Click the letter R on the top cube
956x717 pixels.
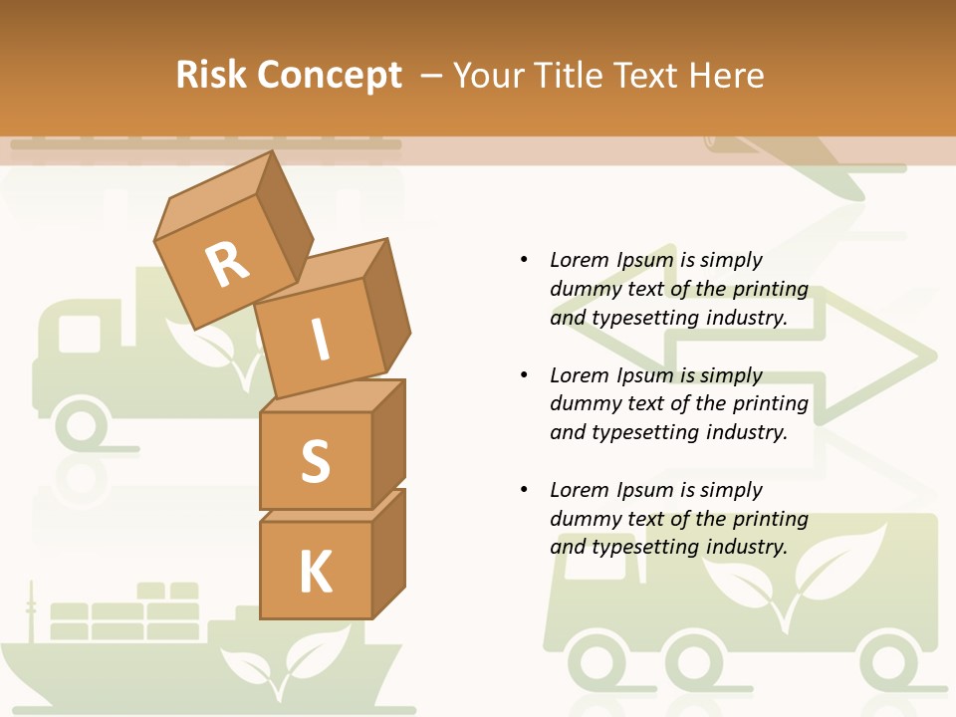click(227, 265)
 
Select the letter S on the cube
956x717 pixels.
click(315, 461)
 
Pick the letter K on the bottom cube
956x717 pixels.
click(315, 573)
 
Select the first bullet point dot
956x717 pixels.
click(524, 260)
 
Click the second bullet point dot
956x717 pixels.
click(524, 375)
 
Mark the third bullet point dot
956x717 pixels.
click(524, 490)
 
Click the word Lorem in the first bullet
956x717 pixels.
click(580, 260)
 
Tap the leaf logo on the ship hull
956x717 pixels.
click(284, 662)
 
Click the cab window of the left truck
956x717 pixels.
click(80, 333)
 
